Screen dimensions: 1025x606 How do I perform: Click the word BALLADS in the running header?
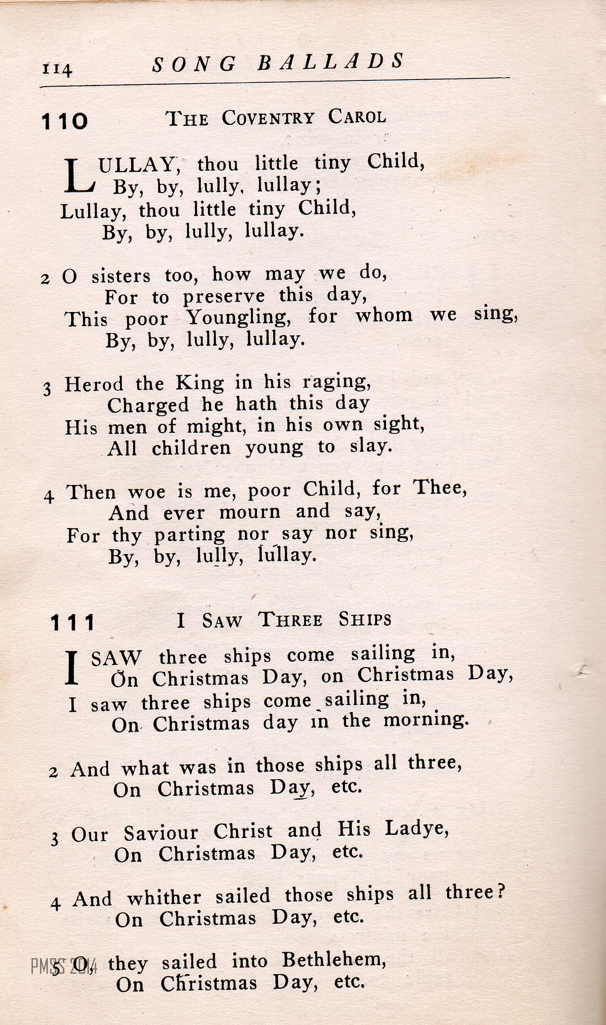331,62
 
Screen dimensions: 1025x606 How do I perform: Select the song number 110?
65,121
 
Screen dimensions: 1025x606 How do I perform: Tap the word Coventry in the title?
268,118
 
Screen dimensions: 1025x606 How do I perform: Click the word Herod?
94,384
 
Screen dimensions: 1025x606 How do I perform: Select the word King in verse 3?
200,383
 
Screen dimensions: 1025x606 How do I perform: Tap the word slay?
370,446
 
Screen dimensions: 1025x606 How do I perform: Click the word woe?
147,492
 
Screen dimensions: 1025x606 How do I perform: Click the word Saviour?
161,833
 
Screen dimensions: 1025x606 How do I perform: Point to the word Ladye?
417,829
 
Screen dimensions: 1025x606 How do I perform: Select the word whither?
164,898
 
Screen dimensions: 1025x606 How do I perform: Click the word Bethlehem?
334,960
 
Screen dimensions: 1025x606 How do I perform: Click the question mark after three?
501,892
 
